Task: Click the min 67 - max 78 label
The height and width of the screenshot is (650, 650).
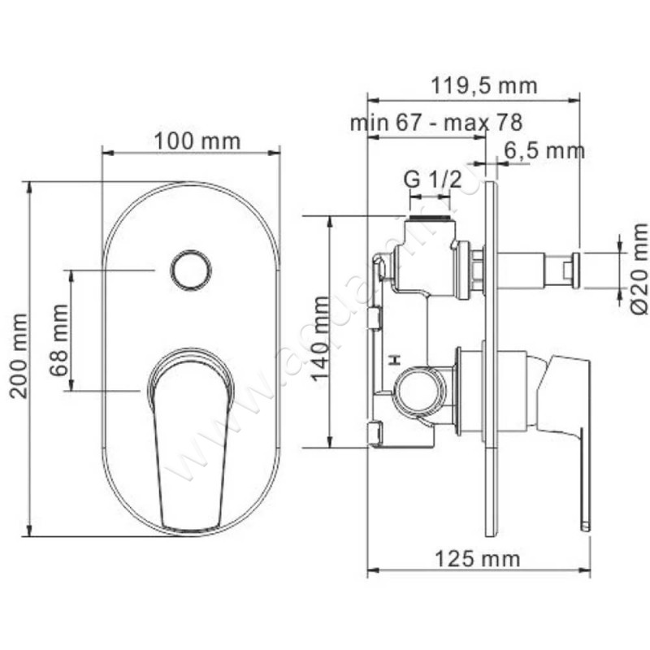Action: [435, 123]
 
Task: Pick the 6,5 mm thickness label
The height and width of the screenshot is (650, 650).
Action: [544, 150]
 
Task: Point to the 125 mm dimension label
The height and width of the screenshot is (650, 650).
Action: [478, 558]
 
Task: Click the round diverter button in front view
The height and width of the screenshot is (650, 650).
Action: [192, 269]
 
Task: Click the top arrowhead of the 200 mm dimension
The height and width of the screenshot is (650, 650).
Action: [29, 187]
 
